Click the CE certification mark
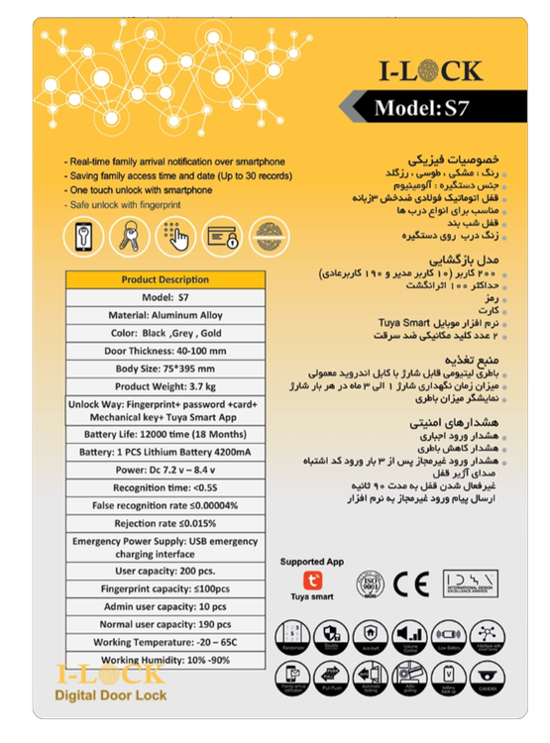(406, 582)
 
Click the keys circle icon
(128, 238)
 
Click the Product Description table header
(165, 279)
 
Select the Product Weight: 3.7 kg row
(165, 385)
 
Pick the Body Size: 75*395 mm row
(165, 368)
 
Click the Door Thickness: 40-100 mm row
(165, 351)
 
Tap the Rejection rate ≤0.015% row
(165, 522)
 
